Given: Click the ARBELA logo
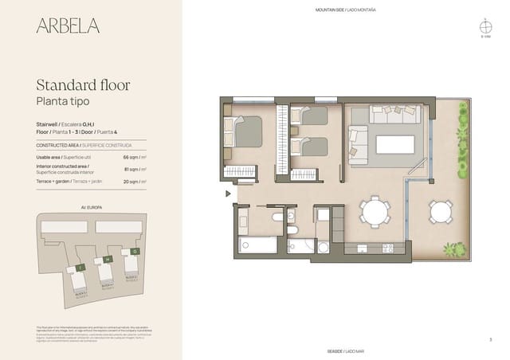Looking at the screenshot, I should click(68, 25).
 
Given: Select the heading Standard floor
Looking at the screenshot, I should click(84, 85).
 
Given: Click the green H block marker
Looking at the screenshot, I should click(107, 260).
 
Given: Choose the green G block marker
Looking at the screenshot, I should click(135, 252).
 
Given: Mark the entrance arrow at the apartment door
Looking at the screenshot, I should click(228, 193).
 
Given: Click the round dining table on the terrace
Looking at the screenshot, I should click(440, 211).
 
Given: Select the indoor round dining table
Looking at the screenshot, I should click(375, 212).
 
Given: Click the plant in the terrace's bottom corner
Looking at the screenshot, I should click(454, 250).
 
